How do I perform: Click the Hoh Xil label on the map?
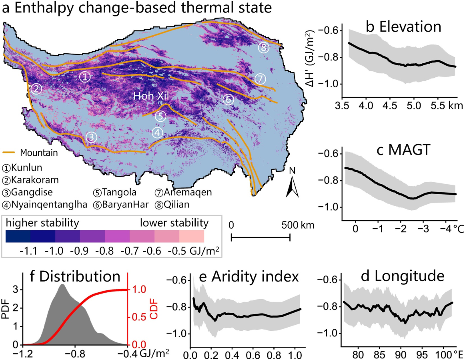(x=151, y=96)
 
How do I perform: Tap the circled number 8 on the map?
(x=263, y=48)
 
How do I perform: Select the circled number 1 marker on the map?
(x=85, y=77)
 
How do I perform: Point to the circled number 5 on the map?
(x=160, y=116)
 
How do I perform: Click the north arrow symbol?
(x=292, y=187)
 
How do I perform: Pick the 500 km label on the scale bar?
(x=297, y=225)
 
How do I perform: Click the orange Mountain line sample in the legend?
(x=9, y=153)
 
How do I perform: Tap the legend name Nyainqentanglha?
(x=49, y=205)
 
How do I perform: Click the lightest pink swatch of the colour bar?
(x=192, y=236)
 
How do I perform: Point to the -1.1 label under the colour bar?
(x=28, y=251)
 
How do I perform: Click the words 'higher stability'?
(x=42, y=223)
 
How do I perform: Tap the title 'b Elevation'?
(x=404, y=27)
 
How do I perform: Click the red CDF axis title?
(x=154, y=310)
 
